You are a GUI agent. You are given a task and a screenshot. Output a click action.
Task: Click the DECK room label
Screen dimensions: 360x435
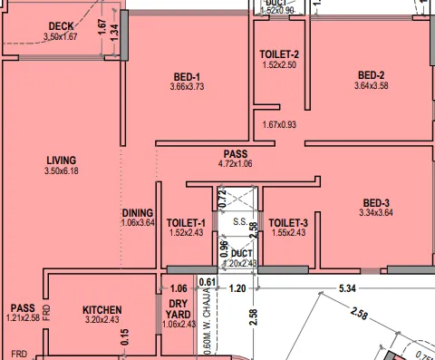pyautogui.click(x=61, y=26)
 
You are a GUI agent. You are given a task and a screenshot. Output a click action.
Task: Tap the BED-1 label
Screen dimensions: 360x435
pyautogui.click(x=185, y=76)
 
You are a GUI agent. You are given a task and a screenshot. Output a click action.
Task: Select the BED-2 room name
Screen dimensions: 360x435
pyautogui.click(x=372, y=75)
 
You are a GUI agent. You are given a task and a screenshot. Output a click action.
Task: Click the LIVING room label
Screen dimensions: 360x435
pyautogui.click(x=62, y=161)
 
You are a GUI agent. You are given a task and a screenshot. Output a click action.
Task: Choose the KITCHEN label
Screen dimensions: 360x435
pyautogui.click(x=101, y=310)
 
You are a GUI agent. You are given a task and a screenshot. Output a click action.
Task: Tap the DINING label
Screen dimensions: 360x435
pyautogui.click(x=139, y=213)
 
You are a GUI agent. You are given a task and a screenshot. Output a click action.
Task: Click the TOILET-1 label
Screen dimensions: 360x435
pyautogui.click(x=188, y=222)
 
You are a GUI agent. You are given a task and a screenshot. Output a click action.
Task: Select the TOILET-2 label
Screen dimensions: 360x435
pyautogui.click(x=279, y=54)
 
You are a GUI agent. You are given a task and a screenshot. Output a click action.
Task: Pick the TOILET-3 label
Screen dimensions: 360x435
pyautogui.click(x=289, y=222)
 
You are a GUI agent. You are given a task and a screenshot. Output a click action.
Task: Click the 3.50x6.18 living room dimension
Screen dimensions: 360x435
pyautogui.click(x=62, y=171)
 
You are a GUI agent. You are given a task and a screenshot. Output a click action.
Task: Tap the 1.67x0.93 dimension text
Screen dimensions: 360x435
pyautogui.click(x=279, y=124)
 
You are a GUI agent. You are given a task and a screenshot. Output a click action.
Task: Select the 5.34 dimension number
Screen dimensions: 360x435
pyautogui.click(x=346, y=288)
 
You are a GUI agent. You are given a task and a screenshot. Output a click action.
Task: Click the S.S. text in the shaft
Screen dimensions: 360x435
pyautogui.click(x=240, y=221)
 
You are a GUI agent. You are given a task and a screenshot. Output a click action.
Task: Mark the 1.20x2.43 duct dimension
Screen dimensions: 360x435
pyautogui.click(x=241, y=264)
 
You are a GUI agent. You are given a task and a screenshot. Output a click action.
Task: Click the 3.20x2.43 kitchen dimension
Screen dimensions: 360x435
pyautogui.click(x=101, y=320)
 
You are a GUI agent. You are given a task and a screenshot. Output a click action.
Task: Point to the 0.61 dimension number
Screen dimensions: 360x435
pyautogui.click(x=207, y=282)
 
